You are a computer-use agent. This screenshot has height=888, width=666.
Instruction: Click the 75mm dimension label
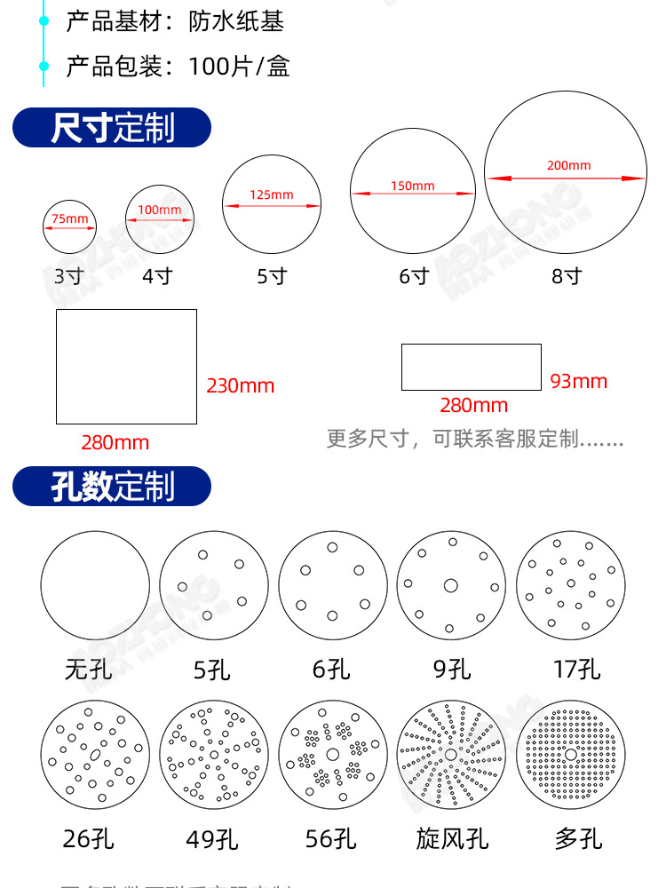pos(69,218)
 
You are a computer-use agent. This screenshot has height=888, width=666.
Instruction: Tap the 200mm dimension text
pos(568,165)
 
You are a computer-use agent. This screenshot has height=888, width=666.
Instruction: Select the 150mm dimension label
pos(413,186)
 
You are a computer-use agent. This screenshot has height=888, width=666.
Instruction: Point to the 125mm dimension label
pos(271,194)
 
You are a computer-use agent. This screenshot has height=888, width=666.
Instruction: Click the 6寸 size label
pos(414,276)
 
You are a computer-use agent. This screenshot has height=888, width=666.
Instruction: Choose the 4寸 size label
pos(157,276)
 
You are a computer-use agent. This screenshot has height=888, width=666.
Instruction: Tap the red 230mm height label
pos(241,386)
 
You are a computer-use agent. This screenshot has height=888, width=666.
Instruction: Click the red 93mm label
pos(578,382)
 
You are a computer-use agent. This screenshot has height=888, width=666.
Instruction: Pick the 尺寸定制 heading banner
pos(112,128)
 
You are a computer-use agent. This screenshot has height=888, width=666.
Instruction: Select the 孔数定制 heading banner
pos(112,487)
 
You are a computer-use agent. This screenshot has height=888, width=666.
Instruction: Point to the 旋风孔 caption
pos(452,838)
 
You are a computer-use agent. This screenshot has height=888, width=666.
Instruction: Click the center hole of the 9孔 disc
pos(450,585)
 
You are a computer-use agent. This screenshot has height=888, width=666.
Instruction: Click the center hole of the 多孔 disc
pos(569,754)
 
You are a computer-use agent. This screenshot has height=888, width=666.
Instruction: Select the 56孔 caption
pos(332,838)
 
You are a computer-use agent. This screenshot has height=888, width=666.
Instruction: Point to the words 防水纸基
pos(236,21)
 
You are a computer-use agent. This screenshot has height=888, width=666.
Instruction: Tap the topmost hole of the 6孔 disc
pos(332,547)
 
